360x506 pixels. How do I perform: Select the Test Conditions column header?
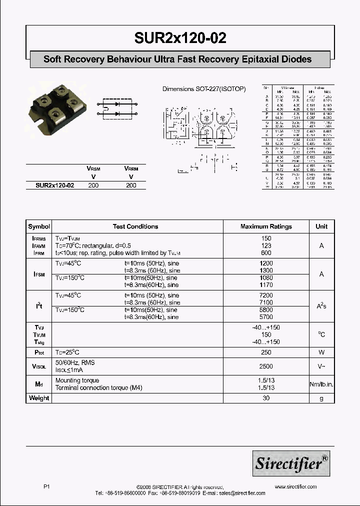135,226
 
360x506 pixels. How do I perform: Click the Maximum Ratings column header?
266,226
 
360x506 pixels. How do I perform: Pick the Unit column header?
321,226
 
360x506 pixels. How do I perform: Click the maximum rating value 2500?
266,366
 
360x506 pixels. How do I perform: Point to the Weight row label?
39,398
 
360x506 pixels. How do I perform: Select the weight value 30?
266,398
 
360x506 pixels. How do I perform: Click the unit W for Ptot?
321,352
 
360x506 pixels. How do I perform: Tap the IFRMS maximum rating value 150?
266,238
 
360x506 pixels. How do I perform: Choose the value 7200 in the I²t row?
266,295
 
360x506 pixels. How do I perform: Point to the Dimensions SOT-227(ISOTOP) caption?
204,89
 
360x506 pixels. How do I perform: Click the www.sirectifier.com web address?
295,486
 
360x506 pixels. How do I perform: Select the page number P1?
46,486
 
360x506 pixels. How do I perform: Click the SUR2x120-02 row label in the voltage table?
55,185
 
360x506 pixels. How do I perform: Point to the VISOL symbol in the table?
39,366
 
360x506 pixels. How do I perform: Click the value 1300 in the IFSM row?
266,270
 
